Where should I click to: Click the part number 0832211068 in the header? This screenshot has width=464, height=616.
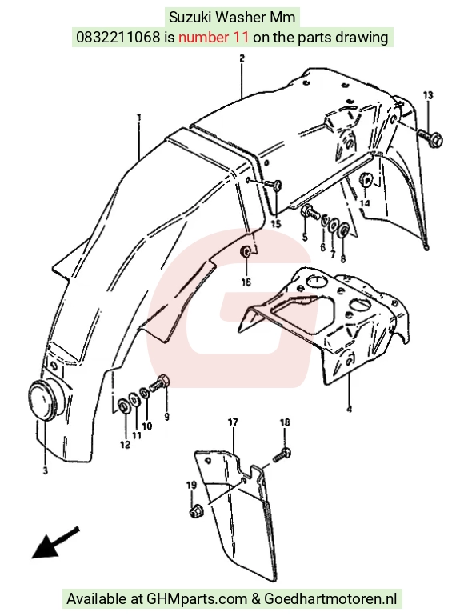[x=118, y=38]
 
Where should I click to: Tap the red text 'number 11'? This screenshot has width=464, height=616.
[x=214, y=38]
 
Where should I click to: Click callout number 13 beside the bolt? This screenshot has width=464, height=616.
[x=428, y=95]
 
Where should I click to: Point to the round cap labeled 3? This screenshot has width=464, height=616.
[x=44, y=399]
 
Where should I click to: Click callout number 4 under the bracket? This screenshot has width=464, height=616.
[x=350, y=409]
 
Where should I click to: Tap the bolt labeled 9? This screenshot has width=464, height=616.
[x=159, y=383]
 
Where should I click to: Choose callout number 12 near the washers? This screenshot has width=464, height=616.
[x=125, y=444]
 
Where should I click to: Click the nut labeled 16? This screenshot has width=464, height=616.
[x=246, y=251]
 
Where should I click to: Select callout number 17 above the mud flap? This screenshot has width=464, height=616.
[x=233, y=422]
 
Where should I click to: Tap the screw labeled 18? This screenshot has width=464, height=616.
[x=282, y=456]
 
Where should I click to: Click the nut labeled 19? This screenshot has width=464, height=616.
[x=194, y=512]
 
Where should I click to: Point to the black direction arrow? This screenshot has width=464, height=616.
[x=55, y=542]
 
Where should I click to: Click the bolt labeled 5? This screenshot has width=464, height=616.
[x=309, y=213]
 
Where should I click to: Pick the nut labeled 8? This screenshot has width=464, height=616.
[x=343, y=230]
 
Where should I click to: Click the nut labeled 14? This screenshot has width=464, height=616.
[x=366, y=181]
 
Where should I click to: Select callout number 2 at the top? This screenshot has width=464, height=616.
[x=242, y=58]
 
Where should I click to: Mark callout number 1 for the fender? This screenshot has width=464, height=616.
[x=139, y=118]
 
